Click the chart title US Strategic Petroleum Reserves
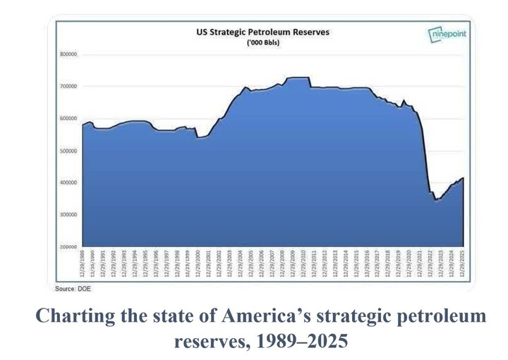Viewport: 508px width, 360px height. point(262,32)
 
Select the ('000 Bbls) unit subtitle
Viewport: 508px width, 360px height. point(262,42)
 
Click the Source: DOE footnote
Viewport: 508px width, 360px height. point(73,288)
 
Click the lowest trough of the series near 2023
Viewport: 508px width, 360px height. point(436,200)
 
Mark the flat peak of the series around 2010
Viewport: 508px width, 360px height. point(297,78)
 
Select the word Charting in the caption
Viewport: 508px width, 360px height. point(67,316)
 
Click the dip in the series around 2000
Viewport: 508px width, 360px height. point(200,137)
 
